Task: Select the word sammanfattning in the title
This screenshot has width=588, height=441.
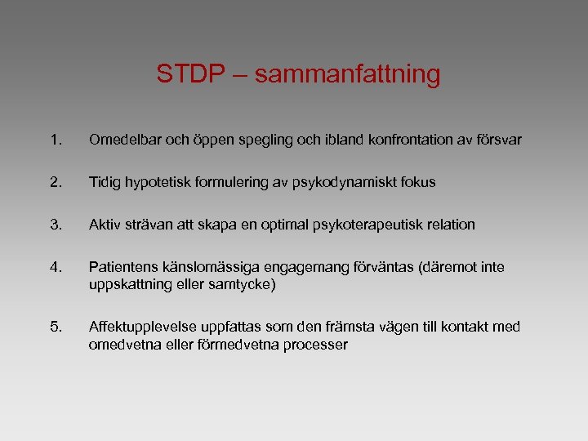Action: point(349,75)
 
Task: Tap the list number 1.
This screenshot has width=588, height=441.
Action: point(56,140)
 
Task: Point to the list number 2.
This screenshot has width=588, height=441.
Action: point(56,182)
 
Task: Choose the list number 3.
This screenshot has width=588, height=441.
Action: point(56,224)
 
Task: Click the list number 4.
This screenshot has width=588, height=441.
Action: point(56,266)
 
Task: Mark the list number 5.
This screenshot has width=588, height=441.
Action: point(56,327)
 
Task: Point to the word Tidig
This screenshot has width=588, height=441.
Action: point(106,182)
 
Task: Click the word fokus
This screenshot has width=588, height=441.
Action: point(417,182)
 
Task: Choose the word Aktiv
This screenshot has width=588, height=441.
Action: point(107,224)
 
